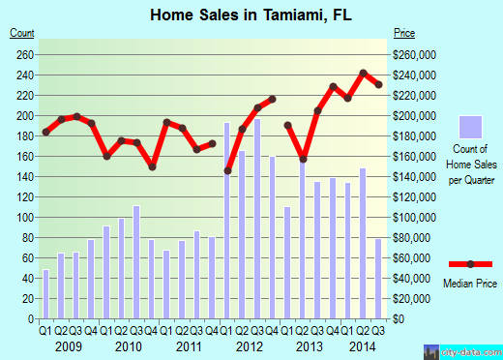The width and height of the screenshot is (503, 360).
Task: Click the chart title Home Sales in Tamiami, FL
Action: [250, 14]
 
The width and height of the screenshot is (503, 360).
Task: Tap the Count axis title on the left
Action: [22, 34]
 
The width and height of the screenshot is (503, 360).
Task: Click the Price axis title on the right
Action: [404, 34]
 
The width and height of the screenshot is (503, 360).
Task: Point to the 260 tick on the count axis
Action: [24, 54]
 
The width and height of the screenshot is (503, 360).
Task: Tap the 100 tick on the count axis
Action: [24, 218]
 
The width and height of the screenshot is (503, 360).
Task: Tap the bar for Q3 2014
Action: [377, 280]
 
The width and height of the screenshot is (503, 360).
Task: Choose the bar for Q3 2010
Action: [136, 262]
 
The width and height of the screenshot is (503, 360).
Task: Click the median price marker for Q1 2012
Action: [227, 171]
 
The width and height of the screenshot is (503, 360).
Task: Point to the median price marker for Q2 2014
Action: [363, 73]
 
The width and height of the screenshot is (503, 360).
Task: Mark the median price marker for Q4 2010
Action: [152, 166]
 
